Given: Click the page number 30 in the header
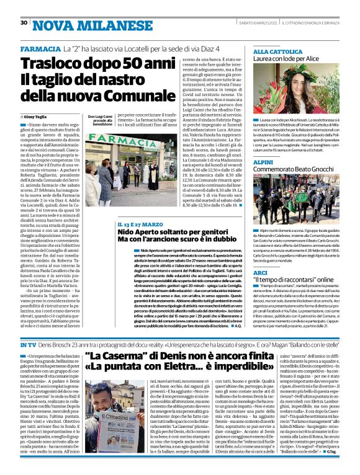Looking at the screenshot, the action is [24, 23].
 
